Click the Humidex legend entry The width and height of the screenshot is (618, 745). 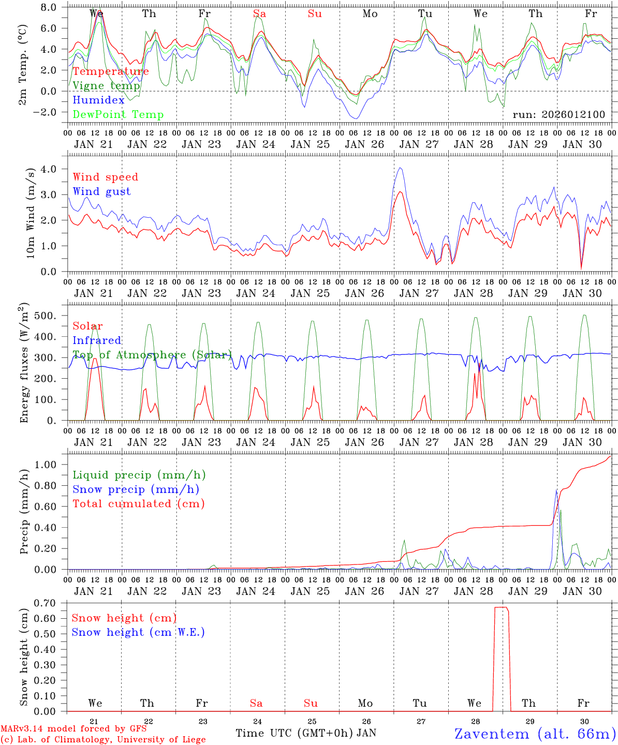pos(99,100)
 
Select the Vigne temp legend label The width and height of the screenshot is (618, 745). pos(106,86)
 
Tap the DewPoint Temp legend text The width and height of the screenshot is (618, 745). pos(118,115)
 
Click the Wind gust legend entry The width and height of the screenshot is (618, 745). pos(101,191)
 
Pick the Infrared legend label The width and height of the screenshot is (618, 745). pos(97,340)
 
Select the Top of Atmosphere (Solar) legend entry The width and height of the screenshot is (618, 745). pos(152,355)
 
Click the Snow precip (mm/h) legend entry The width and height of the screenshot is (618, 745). pos(136,489)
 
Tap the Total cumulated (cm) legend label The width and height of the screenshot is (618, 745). pos(139,504)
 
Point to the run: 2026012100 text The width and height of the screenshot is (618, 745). pos(558,114)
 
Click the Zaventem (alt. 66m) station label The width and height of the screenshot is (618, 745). pos(535,734)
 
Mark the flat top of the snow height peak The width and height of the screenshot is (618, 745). pos(502,607)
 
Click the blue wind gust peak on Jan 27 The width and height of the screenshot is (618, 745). pos(400,168)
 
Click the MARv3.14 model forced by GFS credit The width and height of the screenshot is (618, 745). pos(73,729)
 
